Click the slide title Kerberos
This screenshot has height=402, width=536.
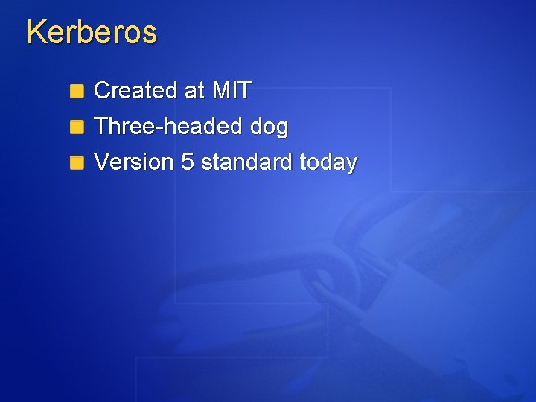[92, 33]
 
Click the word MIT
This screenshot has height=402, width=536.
[232, 91]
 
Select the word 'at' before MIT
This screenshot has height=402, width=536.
[194, 92]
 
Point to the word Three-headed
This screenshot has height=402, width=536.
[169, 127]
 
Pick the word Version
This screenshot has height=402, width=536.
[135, 162]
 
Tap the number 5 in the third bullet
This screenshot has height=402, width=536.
[188, 162]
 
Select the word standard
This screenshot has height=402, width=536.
[246, 162]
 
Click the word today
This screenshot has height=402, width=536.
[328, 162]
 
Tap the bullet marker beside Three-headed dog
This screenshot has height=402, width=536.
[77, 127]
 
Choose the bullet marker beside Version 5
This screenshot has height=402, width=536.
[77, 162]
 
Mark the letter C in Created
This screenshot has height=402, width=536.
[102, 91]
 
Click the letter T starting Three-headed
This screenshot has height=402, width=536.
[101, 127]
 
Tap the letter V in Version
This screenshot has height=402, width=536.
[102, 162]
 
